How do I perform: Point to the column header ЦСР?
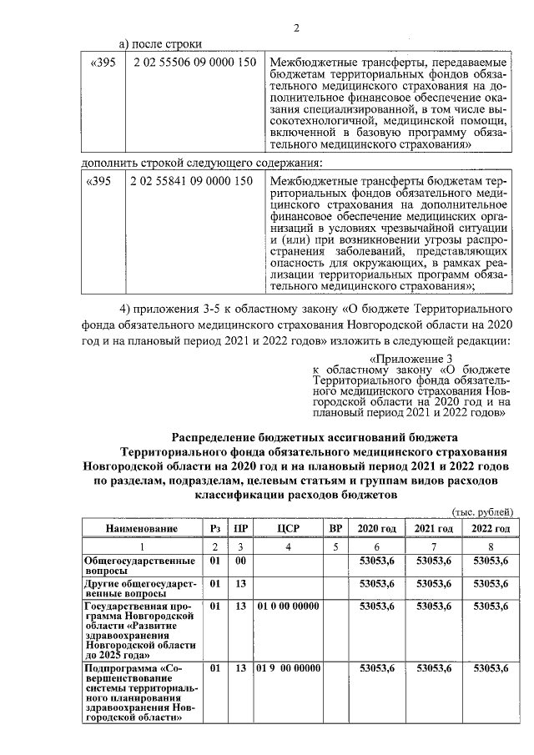(x=288, y=529)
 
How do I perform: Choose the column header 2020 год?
(x=376, y=529)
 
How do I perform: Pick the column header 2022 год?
(x=490, y=529)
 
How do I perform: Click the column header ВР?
(x=336, y=529)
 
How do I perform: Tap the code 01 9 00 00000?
(x=289, y=668)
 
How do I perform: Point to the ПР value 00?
(x=240, y=561)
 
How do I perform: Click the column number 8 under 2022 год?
(x=490, y=546)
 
